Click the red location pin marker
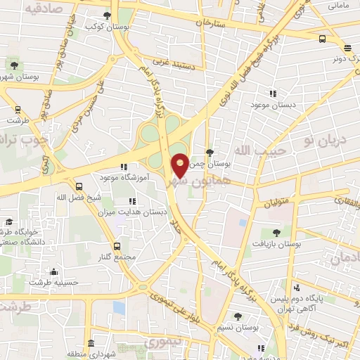click(180, 165)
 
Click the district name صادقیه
click(44, 9)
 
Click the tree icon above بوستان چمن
click(209, 152)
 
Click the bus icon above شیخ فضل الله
click(78, 187)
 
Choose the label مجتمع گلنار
click(117, 257)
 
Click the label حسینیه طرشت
click(54, 283)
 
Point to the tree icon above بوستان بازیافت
click(276, 231)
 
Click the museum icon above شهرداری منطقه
click(91, 343)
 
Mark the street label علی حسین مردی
click(98, 108)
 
